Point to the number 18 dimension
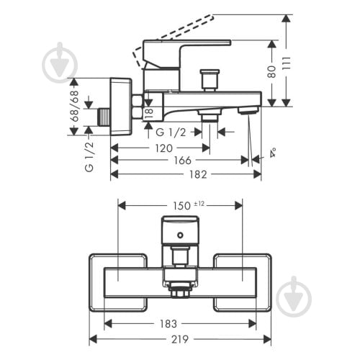148,112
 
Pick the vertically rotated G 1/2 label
89,157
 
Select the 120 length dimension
163,148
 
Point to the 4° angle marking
273,153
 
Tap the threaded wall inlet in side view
102,117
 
